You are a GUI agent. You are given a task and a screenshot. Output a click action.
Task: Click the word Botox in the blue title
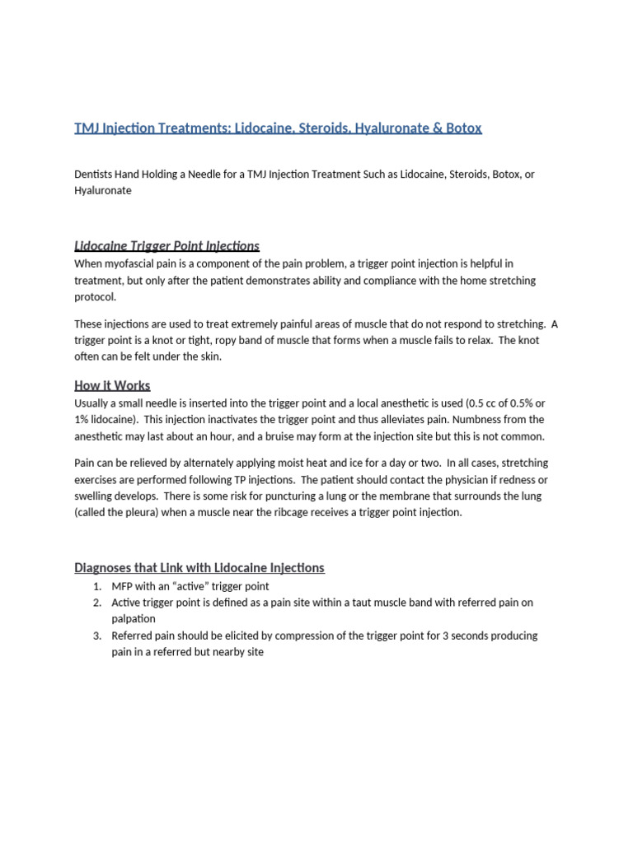click(463, 128)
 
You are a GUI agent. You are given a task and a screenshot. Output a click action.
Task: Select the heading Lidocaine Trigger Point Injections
click(166, 245)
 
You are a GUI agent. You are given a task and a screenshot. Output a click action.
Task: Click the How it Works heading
click(112, 385)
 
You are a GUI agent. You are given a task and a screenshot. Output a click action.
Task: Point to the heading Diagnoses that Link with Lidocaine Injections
click(199, 567)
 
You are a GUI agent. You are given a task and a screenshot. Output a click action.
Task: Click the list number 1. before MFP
click(96, 586)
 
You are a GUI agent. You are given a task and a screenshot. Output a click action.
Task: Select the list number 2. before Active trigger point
click(96, 603)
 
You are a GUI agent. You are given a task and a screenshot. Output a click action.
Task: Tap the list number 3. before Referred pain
click(96, 636)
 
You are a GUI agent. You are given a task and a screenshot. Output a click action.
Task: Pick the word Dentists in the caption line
click(94, 175)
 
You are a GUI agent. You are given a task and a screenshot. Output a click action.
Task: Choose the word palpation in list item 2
click(134, 618)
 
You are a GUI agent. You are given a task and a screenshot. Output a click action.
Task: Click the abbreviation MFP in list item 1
click(123, 586)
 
